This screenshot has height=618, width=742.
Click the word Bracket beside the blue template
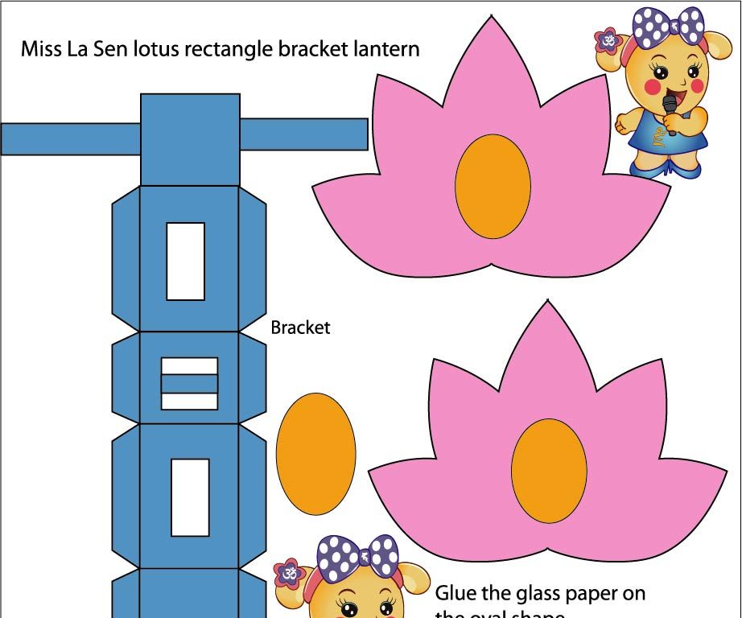300,328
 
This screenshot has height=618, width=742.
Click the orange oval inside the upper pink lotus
493,186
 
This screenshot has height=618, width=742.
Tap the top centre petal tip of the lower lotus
549,303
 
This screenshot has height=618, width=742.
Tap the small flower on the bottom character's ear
287,574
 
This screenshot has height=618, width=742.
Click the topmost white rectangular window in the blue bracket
185,262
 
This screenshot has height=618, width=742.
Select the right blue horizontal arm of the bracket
303,134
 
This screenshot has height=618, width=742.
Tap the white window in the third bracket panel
190,497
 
